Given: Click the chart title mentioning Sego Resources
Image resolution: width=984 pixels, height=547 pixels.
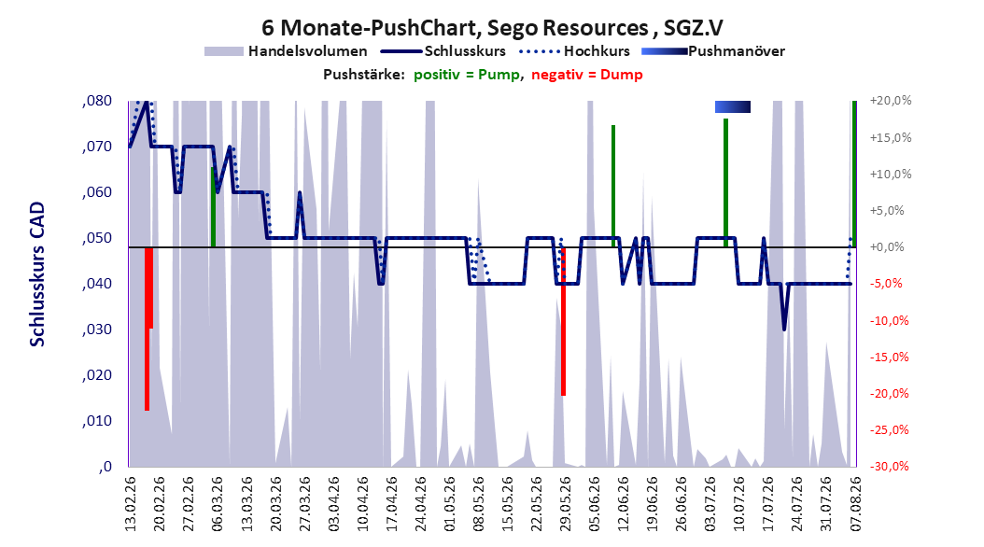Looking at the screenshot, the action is pyautogui.click(x=492, y=28).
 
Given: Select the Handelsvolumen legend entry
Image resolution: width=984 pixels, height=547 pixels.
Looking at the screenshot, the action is pyautogui.click(x=286, y=51).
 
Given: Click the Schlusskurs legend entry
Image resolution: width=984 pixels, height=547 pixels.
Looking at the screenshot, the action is pyautogui.click(x=443, y=51).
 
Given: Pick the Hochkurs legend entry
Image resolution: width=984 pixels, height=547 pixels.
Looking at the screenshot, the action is pyautogui.click(x=574, y=51).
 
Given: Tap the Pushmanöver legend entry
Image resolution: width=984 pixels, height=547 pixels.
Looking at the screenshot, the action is pyautogui.click(x=713, y=51).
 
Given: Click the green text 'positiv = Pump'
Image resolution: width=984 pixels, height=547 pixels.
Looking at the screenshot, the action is pyautogui.click(x=467, y=75).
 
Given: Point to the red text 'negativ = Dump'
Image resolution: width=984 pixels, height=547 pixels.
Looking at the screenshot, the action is pyautogui.click(x=587, y=75).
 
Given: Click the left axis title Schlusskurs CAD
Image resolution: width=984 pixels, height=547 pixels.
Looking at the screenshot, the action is pyautogui.click(x=37, y=273).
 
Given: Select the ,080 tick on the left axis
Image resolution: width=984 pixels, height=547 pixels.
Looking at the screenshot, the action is pyautogui.click(x=97, y=101).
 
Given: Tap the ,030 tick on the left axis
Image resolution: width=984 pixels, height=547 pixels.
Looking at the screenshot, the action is pyautogui.click(x=97, y=330).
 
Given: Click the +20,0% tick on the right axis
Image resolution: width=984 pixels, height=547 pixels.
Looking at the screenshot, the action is pyautogui.click(x=891, y=101).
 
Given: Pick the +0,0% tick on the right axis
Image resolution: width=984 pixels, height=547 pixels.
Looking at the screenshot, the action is pyautogui.click(x=887, y=246).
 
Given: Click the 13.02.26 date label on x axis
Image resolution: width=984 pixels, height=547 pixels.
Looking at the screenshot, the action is pyautogui.click(x=131, y=504).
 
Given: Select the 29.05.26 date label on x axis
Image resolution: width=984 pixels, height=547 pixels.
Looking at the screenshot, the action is pyautogui.click(x=565, y=504).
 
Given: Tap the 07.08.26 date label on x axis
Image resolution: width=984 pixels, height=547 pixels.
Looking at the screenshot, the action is pyautogui.click(x=855, y=504).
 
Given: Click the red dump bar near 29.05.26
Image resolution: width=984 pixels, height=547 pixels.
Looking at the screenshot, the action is pyautogui.click(x=564, y=321).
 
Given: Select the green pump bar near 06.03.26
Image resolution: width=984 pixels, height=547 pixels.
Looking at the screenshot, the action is pyautogui.click(x=214, y=207).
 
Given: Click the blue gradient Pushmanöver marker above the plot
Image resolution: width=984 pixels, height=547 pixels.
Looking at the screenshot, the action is pyautogui.click(x=732, y=106).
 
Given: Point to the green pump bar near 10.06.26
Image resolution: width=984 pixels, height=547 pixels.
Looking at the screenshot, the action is pyautogui.click(x=613, y=187).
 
